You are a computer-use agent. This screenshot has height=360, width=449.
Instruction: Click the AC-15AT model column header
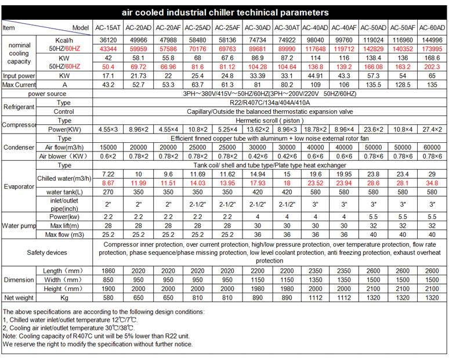108,28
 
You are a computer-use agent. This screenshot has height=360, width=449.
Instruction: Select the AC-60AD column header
432,28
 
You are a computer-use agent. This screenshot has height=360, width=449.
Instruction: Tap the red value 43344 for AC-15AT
108,49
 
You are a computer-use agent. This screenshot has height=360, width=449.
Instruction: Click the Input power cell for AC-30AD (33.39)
258,75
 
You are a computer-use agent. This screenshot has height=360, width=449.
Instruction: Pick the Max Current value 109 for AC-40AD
315,85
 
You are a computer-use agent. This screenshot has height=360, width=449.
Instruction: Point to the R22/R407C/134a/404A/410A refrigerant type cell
270,103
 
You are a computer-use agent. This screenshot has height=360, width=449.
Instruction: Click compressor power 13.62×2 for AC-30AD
258,129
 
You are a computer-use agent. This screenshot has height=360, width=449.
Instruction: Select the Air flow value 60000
432,147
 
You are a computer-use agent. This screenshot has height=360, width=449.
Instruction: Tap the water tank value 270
108,192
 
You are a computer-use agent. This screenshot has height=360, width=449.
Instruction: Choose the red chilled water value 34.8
432,183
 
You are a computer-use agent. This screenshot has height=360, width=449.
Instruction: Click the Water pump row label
19,225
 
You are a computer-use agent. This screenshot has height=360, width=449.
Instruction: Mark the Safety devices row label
47,253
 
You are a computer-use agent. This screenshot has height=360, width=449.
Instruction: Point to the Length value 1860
108,271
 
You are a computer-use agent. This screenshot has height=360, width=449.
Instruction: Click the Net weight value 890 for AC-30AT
287,297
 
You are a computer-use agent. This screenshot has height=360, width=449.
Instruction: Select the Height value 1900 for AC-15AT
108,289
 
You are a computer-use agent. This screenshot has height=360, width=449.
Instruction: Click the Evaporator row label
19,186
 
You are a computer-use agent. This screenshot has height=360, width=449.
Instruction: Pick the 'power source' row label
47,93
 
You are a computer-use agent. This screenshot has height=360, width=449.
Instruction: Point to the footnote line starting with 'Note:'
96,336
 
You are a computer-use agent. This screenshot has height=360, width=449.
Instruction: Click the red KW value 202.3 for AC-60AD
432,67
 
